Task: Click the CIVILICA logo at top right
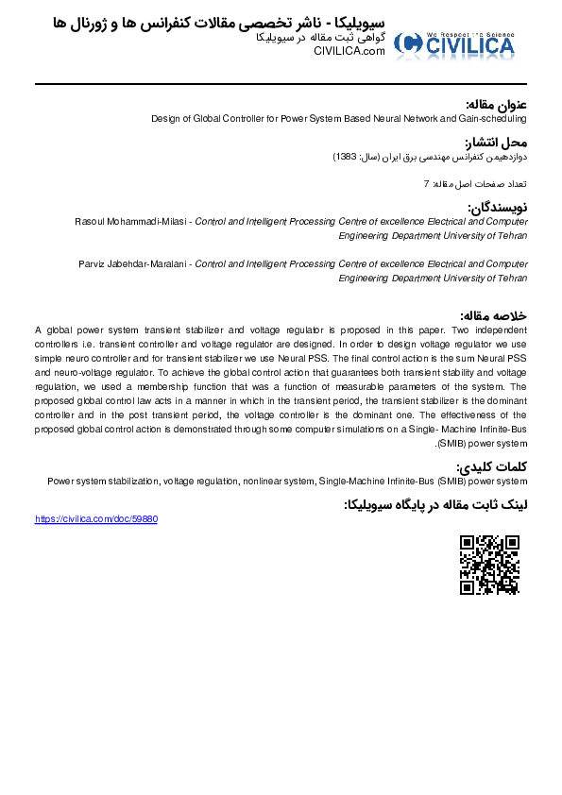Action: [455, 43]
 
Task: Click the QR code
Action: [489, 565]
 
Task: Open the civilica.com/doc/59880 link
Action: [96, 519]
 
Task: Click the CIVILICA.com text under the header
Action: [349, 51]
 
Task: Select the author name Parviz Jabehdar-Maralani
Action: [134, 264]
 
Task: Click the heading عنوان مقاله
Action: [496, 104]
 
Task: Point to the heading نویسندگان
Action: [497, 207]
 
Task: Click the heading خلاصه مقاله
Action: [493, 315]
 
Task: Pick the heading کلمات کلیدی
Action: [492, 466]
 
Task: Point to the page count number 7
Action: [426, 183]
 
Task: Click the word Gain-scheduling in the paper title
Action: [495, 119]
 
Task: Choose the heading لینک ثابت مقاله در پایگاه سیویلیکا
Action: [434, 505]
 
